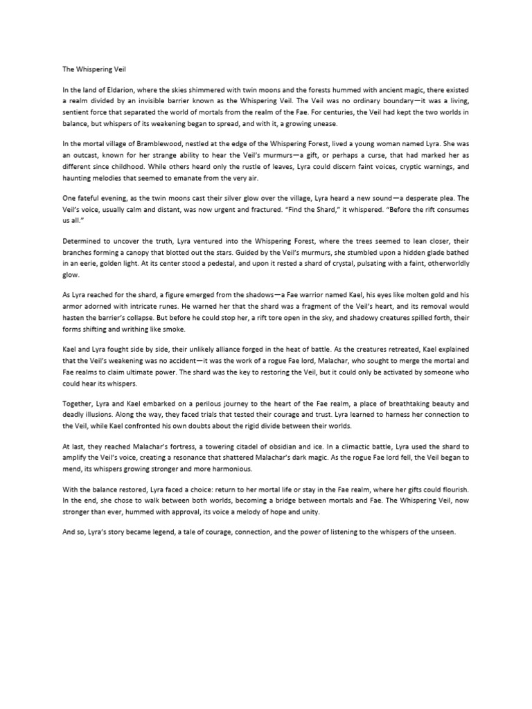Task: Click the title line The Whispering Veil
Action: click(85, 69)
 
